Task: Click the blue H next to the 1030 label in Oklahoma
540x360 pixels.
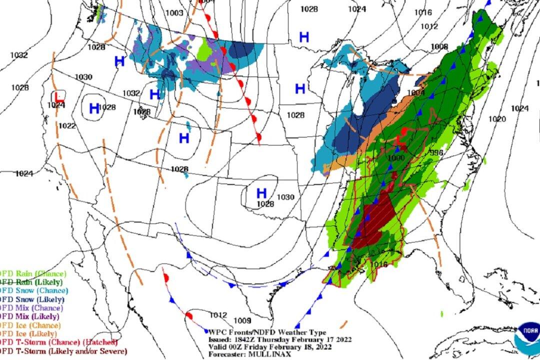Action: (x=261, y=192)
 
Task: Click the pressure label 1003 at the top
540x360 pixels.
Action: (x=175, y=13)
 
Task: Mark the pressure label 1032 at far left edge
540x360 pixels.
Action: (x=19, y=55)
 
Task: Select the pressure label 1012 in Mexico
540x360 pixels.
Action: (x=218, y=315)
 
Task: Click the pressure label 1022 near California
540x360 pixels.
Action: (x=66, y=125)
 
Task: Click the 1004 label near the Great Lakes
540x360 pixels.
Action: (x=416, y=93)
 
